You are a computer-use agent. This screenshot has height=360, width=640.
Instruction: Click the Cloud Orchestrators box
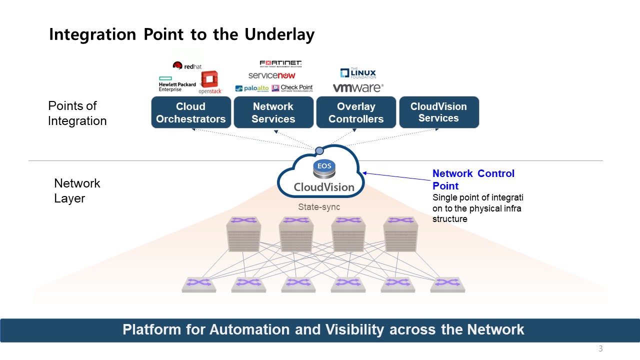pos(191,112)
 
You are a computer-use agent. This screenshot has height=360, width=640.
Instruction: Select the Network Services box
pos(273,112)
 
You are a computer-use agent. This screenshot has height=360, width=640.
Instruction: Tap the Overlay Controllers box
pos(356,112)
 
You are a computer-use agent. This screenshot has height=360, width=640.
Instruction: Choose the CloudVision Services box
pos(438,112)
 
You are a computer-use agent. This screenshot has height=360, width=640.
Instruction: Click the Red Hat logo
pos(187,66)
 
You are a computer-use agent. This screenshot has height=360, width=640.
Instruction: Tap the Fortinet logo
pos(280,63)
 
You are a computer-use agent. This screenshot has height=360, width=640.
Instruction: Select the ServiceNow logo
pos(272,75)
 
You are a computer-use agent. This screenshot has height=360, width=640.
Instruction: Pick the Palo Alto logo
pos(252,88)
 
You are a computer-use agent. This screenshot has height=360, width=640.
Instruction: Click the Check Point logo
pos(292,88)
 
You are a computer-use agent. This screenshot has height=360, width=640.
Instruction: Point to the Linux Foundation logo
pos(358,73)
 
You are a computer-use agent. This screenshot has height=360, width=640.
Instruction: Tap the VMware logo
pos(358,88)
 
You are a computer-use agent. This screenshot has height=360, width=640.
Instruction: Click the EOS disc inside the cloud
pos(323,169)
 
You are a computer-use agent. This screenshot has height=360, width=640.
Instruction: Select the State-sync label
pos(318,206)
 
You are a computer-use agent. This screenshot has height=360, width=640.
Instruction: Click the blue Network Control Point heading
pos(473,179)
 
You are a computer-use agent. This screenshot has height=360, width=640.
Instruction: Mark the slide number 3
pos(600,349)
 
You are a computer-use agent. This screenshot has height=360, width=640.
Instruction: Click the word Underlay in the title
pos(279,34)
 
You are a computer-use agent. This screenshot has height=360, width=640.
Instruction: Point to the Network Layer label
pos(77,190)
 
